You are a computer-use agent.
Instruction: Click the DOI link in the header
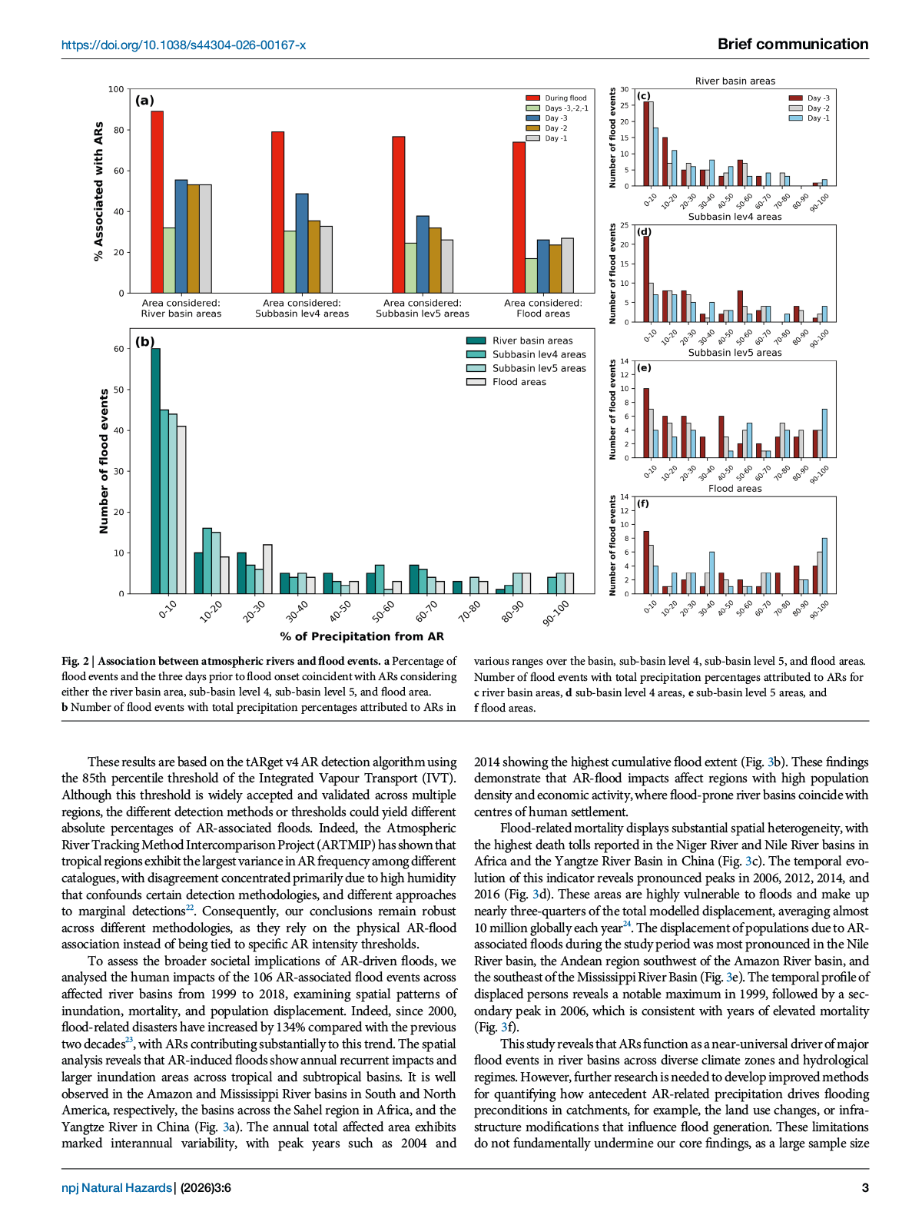pyautogui.click(x=184, y=45)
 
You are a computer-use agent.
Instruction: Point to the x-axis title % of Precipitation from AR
pyautogui.click(x=362, y=636)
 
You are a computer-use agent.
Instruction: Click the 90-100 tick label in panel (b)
pyautogui.click(x=556, y=612)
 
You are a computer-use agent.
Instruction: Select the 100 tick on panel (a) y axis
pyautogui.click(x=116, y=89)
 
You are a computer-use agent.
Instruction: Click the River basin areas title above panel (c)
pyautogui.click(x=735, y=81)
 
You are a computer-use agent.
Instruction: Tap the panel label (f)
pyautogui.click(x=643, y=504)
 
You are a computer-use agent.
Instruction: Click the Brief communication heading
pyautogui.click(x=793, y=45)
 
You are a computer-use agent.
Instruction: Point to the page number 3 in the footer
pyautogui.click(x=865, y=1188)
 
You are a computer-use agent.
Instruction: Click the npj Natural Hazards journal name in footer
pyautogui.click(x=117, y=1188)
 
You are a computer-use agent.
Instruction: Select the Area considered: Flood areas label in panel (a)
pyautogui.click(x=543, y=308)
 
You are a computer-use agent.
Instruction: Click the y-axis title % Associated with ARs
pyautogui.click(x=98, y=191)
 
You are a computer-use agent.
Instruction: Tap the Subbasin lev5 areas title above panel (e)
pyautogui.click(x=735, y=353)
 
